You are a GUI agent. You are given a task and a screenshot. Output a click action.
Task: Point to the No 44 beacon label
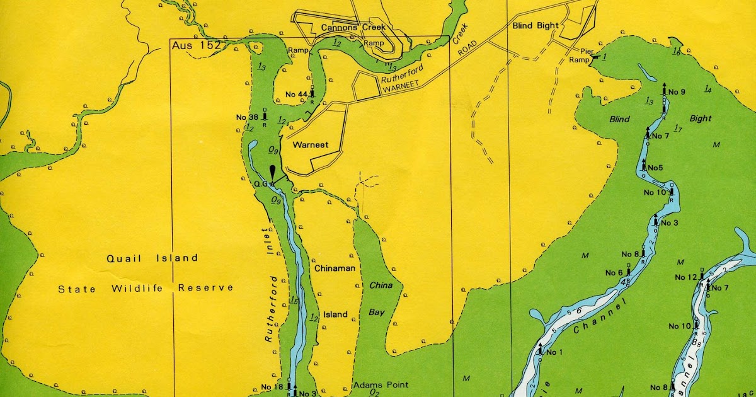pos(297,95)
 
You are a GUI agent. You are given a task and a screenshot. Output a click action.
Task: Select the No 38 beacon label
pos(248,117)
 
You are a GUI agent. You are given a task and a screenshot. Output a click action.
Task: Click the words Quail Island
pos(152,258)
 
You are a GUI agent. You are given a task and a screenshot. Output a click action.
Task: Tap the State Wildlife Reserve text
pos(146,288)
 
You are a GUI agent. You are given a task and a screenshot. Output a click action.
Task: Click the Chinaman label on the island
pos(335,268)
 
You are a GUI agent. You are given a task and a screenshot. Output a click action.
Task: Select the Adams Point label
pos(381,384)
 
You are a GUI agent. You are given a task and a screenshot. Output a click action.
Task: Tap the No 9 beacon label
pos(677,92)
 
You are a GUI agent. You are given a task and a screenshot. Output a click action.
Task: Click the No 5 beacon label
pos(655,168)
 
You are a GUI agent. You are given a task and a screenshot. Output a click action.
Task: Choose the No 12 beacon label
pos(686,277)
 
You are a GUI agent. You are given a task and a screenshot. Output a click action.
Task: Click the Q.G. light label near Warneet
pos(261,184)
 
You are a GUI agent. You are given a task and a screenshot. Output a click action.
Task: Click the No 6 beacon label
pos(614,273)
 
